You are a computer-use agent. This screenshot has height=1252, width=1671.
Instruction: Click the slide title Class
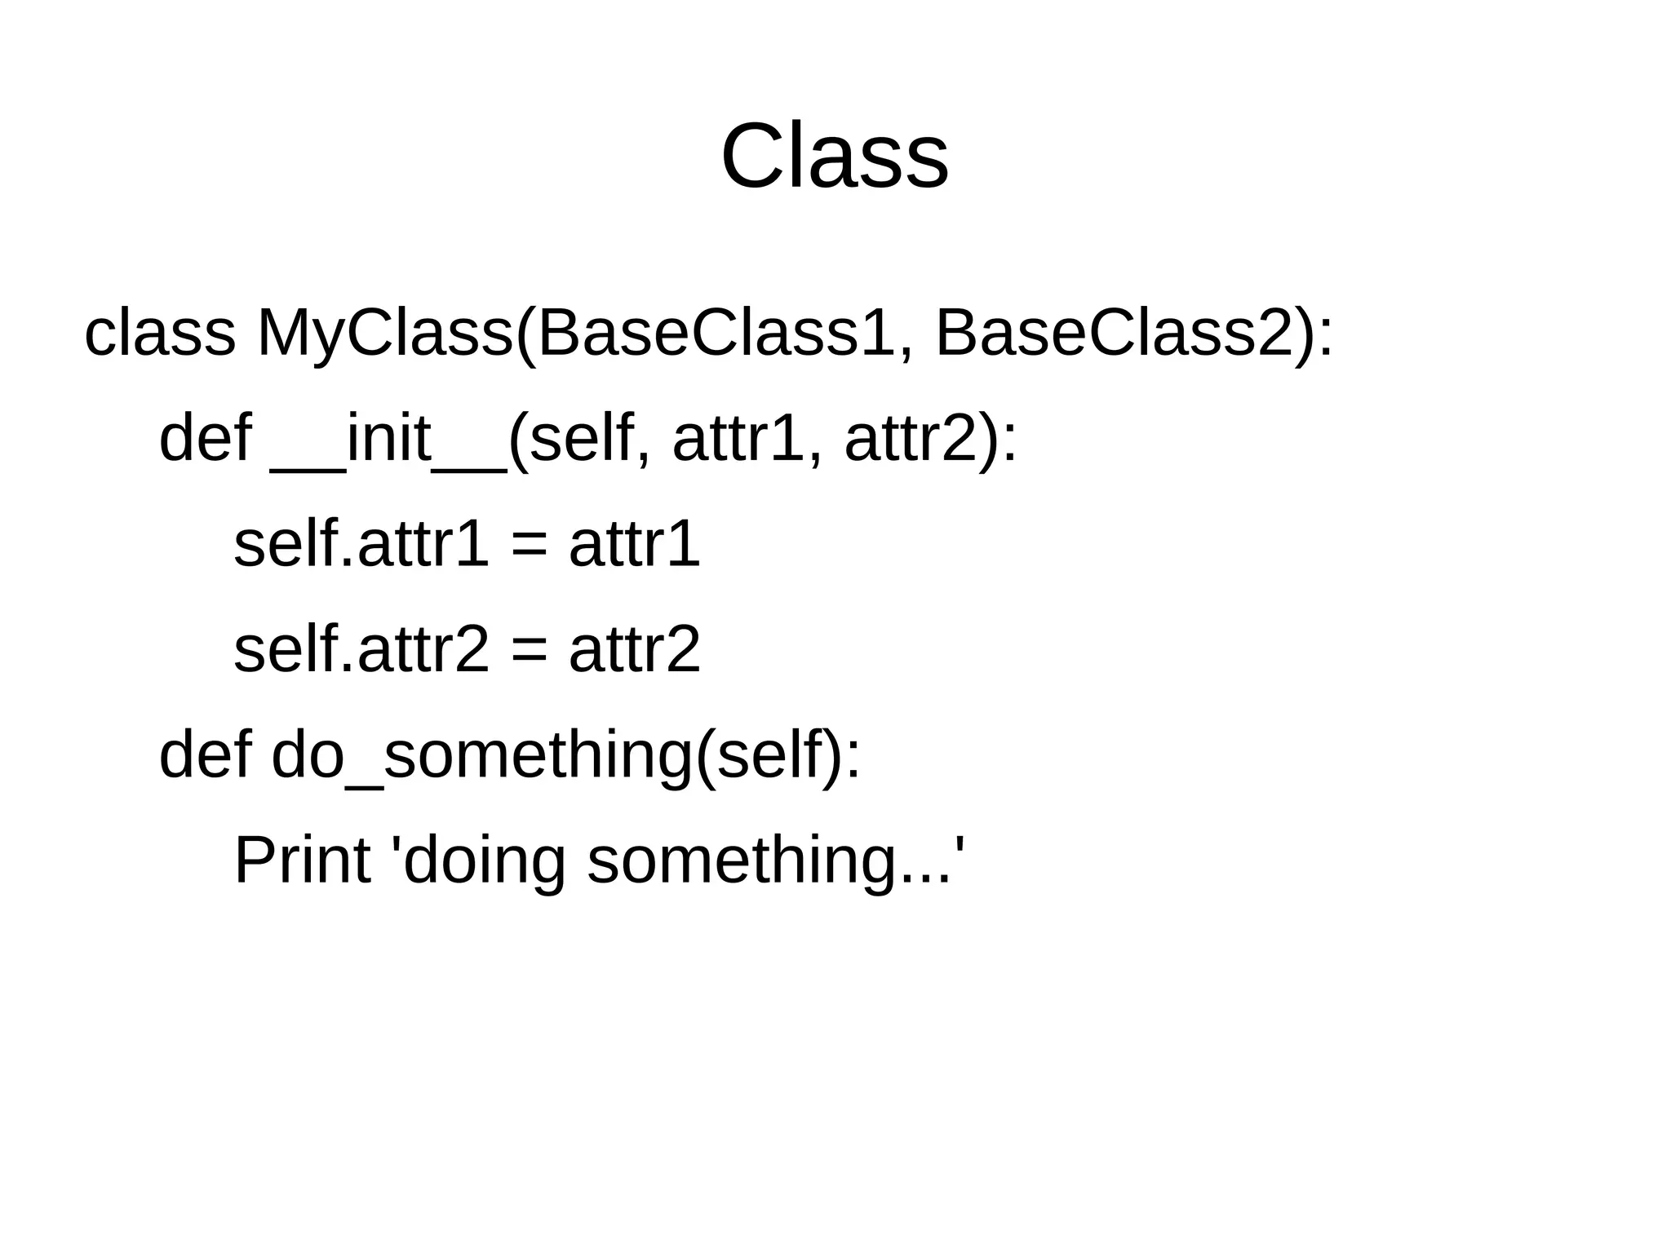coord(834,157)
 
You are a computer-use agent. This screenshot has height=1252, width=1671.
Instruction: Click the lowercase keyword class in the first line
coord(160,334)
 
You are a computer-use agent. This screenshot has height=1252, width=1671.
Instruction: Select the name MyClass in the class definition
coord(384,334)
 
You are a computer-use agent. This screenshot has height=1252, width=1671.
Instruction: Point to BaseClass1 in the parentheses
coord(716,334)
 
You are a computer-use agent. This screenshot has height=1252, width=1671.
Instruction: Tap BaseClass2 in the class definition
coord(1115,334)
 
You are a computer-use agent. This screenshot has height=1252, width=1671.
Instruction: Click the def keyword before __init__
coord(205,439)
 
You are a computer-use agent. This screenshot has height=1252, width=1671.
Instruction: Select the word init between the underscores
coord(388,439)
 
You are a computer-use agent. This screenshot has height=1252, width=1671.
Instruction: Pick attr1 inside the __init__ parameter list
coord(738,439)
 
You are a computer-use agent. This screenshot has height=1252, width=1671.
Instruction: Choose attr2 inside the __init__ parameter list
coord(911,439)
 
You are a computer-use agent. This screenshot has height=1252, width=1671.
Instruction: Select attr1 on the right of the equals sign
coord(635,544)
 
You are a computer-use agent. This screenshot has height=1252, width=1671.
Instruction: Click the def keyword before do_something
coord(205,755)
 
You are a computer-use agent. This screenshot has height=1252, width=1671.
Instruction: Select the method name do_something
coord(481,755)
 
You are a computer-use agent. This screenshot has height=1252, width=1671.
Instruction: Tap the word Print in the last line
coord(302,861)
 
